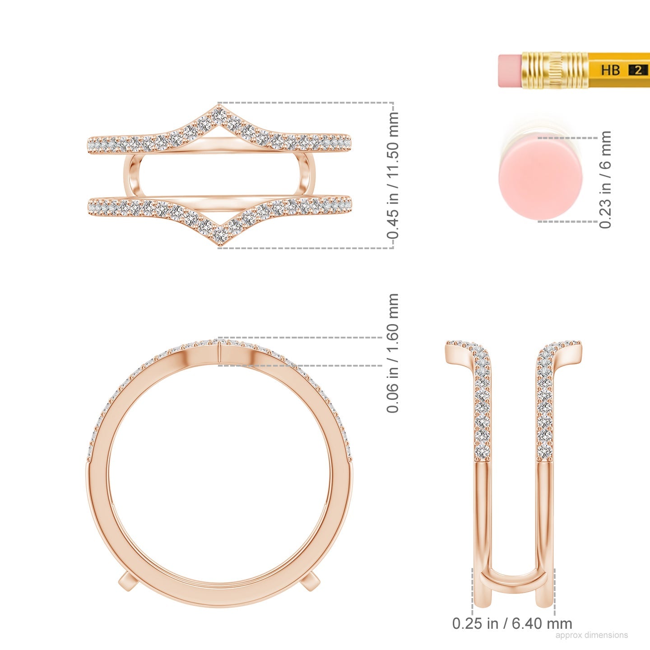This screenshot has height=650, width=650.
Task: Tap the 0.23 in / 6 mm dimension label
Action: pos(605,180)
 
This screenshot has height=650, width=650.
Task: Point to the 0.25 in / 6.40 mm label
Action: pos(512,623)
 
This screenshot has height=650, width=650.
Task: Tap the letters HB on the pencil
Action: pos(611,70)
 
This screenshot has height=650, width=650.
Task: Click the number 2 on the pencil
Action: pos(638,70)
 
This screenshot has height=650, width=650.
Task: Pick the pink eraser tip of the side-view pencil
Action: pos(510,70)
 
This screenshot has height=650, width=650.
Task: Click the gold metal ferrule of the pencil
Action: pos(555,70)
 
